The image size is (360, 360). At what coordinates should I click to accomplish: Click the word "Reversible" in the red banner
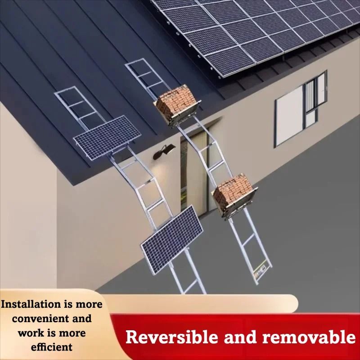[x=171, y=337]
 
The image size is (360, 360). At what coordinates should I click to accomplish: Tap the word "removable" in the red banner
[x=309, y=337]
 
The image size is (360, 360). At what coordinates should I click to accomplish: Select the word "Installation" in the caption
[x=30, y=304]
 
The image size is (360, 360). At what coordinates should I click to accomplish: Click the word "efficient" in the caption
[x=52, y=347]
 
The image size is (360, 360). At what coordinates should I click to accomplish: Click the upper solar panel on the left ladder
[x=107, y=137]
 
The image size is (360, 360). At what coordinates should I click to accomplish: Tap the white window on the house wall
[x=300, y=109]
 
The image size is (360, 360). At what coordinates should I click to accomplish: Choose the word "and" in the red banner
[x=240, y=337]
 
